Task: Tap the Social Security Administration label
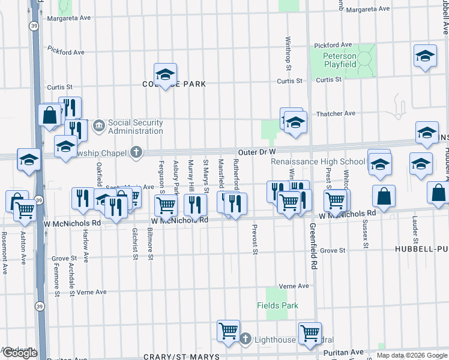[135, 127]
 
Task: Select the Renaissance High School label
[318, 161]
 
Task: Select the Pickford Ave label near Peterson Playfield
[333, 45]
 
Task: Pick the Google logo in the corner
[19, 353]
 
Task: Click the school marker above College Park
[164, 75]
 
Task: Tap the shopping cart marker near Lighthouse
[228, 331]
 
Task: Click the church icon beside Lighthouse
[245, 340]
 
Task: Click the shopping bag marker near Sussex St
[384, 196]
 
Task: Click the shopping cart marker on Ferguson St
[166, 205]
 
